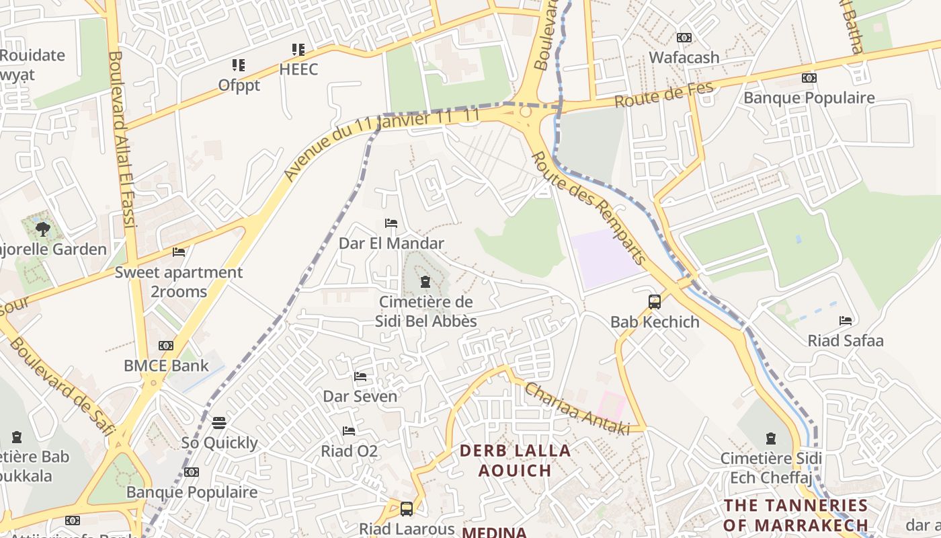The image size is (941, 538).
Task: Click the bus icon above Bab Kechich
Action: pyautogui.click(x=655, y=302)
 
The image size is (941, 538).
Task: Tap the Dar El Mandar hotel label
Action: pyautogui.click(x=391, y=243)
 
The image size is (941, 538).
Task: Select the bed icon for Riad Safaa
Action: pyautogui.click(x=846, y=321)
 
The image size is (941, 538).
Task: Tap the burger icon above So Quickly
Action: pyautogui.click(x=219, y=423)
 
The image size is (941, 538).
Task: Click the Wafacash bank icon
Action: pyautogui.click(x=684, y=38)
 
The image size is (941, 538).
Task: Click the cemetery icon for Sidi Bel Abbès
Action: pyautogui.click(x=425, y=282)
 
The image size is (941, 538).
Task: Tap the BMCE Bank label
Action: pyautogui.click(x=167, y=366)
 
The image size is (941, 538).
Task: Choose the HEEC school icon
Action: pyautogui.click(x=298, y=49)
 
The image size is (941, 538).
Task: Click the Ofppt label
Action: pyautogui.click(x=239, y=85)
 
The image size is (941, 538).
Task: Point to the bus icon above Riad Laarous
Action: pyautogui.click(x=406, y=509)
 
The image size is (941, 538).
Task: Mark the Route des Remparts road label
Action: pyautogui.click(x=588, y=207)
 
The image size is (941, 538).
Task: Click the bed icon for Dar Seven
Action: pyautogui.click(x=360, y=377)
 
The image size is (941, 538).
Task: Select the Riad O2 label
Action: pyautogui.click(x=349, y=451)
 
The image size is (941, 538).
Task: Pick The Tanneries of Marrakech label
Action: pyautogui.click(x=795, y=514)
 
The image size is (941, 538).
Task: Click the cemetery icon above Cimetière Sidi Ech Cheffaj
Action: pyautogui.click(x=771, y=438)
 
